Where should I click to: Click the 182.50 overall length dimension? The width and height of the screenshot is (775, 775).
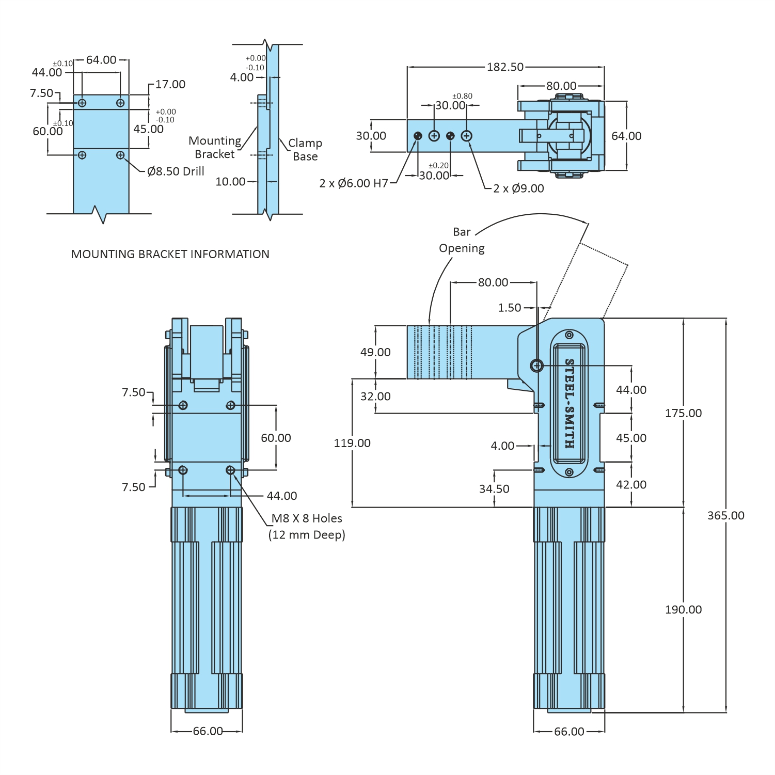[x=505, y=67]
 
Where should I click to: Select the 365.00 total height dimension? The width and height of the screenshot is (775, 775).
[x=725, y=515]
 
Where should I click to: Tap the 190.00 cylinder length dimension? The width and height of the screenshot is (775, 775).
[x=683, y=609]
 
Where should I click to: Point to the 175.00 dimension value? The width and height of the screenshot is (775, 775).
[x=683, y=413]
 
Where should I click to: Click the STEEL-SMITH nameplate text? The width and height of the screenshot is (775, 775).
[x=569, y=403]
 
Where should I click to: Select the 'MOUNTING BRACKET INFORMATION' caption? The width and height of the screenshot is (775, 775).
[x=170, y=254]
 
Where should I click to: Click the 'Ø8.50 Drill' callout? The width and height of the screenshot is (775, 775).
[x=176, y=171]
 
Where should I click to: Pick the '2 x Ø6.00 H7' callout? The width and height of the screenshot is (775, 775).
[x=354, y=183]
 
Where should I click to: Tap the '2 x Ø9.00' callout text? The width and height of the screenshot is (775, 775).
[x=518, y=188]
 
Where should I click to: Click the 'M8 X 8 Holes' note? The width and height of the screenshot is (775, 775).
[x=307, y=518]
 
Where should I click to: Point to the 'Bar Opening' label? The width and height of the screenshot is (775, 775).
[x=462, y=240]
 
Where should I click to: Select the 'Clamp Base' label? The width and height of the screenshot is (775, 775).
[x=305, y=150]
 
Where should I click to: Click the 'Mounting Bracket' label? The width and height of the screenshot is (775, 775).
[x=215, y=147]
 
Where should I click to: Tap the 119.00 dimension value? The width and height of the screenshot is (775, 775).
[x=352, y=443]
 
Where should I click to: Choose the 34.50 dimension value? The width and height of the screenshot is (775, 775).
[x=494, y=489]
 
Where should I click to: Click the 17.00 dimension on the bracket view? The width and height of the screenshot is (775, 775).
[x=170, y=84]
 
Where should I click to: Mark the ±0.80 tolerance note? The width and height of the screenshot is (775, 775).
[x=462, y=96]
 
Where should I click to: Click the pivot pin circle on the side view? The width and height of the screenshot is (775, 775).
[x=537, y=366]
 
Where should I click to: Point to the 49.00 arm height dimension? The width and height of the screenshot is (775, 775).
[x=375, y=352]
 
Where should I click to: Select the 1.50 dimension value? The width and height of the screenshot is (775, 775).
[x=509, y=308]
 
